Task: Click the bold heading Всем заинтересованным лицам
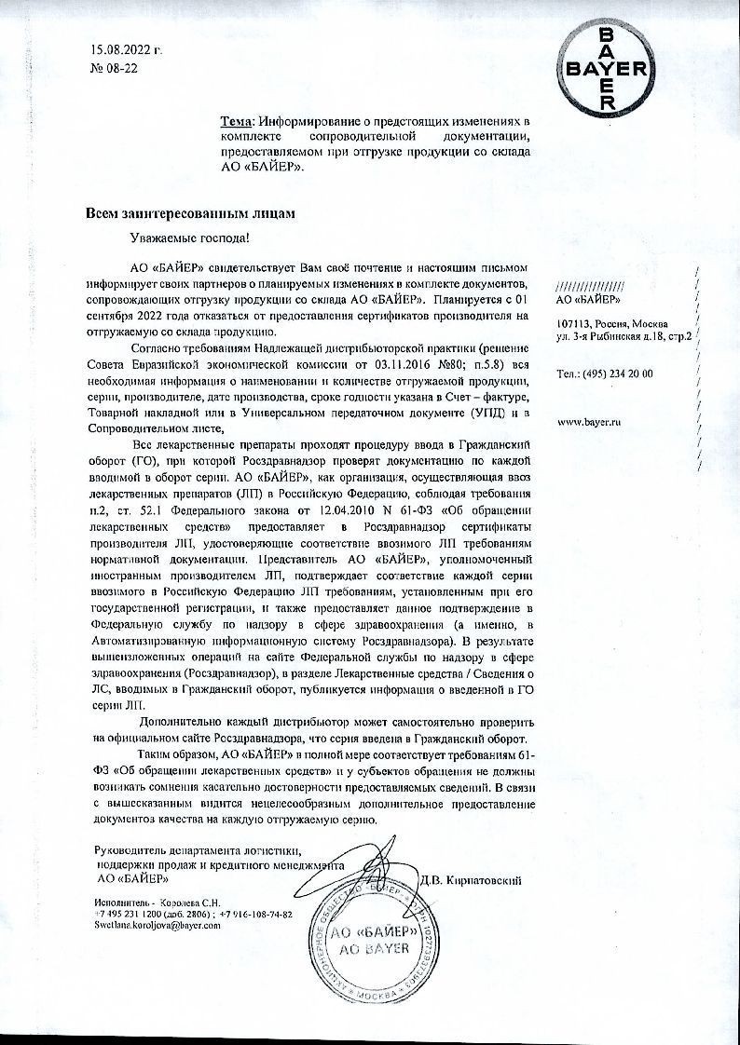point(190,213)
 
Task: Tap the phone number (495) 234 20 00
point(618,374)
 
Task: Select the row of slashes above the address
point(589,285)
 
